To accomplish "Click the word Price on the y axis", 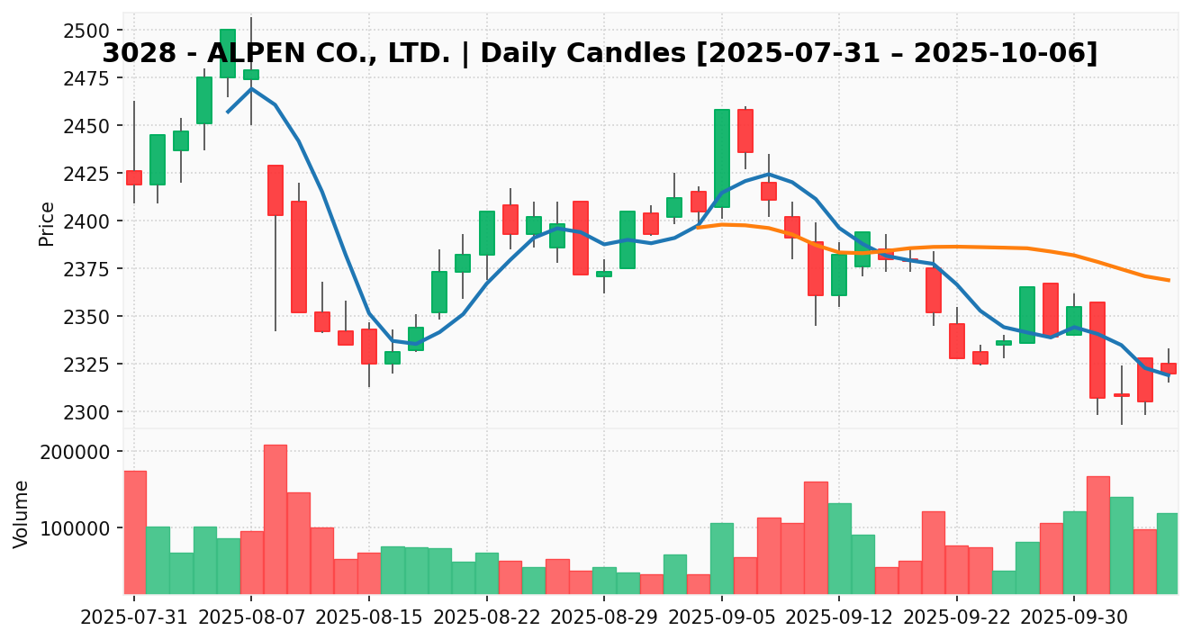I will point(47,223).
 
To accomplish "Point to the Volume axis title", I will point(22,513).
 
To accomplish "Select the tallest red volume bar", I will point(275,519).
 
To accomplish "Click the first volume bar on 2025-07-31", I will point(134,532).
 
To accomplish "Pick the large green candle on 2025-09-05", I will point(722,158).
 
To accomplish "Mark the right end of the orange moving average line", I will point(1169,280).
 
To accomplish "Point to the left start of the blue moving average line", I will point(228,112).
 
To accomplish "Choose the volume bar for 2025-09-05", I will point(722,558).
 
